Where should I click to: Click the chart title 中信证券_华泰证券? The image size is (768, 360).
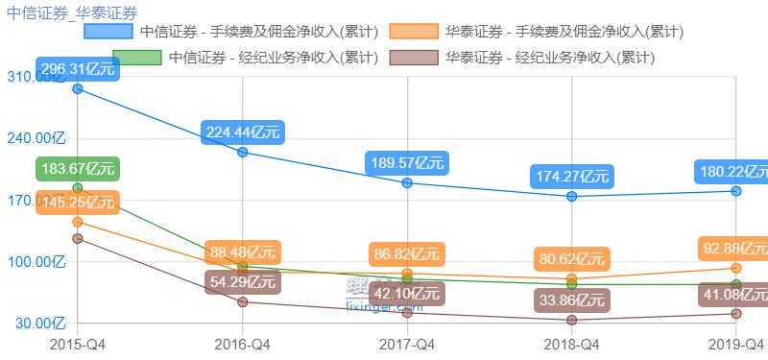click(x=71, y=12)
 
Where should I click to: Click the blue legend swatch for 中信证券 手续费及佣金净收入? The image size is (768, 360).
click(x=108, y=32)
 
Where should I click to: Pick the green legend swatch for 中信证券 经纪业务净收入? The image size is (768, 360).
click(x=136, y=57)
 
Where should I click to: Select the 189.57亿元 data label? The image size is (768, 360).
click(x=408, y=163)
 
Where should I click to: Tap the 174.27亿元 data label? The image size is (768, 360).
click(x=572, y=177)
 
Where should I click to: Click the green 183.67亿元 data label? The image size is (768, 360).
click(x=78, y=169)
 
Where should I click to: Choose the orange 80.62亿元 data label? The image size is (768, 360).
click(x=572, y=259)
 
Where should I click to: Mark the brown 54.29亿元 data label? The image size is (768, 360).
click(x=242, y=282)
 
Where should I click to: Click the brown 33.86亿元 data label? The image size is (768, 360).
click(x=572, y=300)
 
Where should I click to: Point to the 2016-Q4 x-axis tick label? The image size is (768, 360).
click(x=242, y=343)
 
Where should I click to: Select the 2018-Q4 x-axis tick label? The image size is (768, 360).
click(x=572, y=343)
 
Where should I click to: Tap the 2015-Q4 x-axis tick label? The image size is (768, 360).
click(x=77, y=343)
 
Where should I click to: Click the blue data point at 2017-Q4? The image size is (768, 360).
click(x=408, y=182)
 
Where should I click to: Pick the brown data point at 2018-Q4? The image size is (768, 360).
click(x=572, y=320)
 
